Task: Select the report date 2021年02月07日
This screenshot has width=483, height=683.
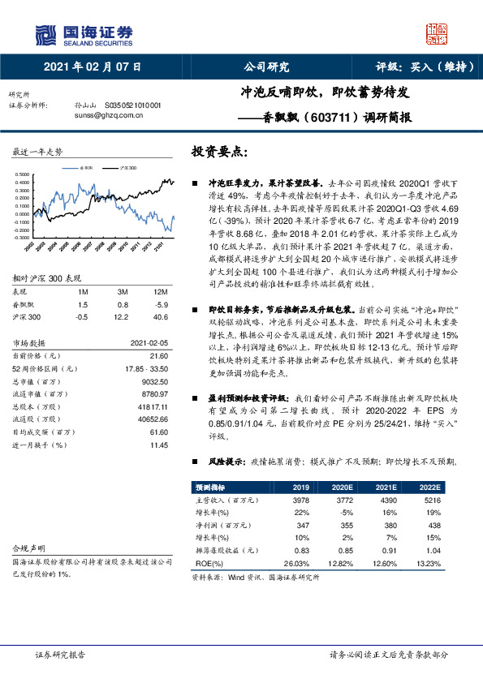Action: (x=91, y=67)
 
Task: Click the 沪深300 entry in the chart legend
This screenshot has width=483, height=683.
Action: (x=127, y=168)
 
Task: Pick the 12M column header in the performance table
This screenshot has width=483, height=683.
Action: (x=160, y=291)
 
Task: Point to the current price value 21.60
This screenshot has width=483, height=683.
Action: (x=158, y=355)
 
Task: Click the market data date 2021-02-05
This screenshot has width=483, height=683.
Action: (x=149, y=341)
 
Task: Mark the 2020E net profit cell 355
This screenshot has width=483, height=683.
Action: (x=343, y=524)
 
